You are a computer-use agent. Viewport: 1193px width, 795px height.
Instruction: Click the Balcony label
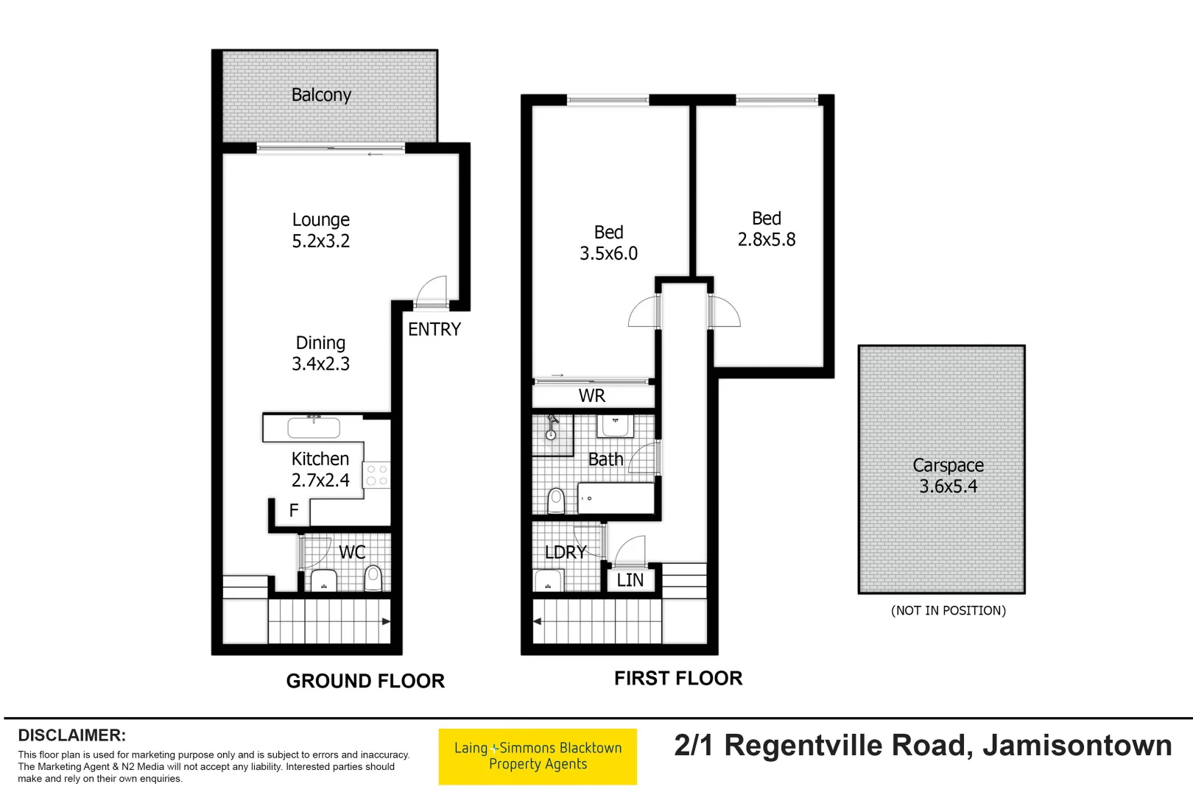[x=321, y=95]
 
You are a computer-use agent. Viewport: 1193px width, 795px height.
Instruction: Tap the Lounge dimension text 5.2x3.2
[x=321, y=241]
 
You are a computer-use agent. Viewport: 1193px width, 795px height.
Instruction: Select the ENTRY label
[x=434, y=330]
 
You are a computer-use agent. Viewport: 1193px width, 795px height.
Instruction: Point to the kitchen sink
[x=314, y=428]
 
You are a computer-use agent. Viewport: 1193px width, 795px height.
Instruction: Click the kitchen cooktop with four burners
[x=376, y=476]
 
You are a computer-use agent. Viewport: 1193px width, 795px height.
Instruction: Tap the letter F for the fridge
[x=294, y=511]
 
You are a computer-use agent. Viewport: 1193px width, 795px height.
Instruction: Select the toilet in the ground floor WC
[x=373, y=578]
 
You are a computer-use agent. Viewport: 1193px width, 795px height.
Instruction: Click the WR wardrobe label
[x=592, y=396]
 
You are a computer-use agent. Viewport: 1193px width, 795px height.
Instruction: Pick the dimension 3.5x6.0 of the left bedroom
[x=608, y=254]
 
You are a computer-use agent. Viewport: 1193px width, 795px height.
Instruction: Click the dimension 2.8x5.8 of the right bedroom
[x=767, y=240]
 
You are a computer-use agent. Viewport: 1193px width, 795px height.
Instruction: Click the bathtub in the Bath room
[x=616, y=498]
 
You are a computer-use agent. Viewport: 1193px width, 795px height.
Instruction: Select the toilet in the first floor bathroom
[x=557, y=501]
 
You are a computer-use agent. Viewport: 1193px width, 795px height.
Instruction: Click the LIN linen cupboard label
[x=630, y=581]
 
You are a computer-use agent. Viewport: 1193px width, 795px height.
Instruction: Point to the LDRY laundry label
[x=566, y=552]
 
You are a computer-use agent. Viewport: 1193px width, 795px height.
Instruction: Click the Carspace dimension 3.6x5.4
[x=948, y=487]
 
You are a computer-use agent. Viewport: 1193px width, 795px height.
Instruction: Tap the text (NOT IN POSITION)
[x=948, y=610]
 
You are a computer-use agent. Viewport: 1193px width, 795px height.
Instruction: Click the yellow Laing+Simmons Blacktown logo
[x=538, y=757]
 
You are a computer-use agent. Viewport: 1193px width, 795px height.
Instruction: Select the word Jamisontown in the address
[x=1077, y=746]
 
